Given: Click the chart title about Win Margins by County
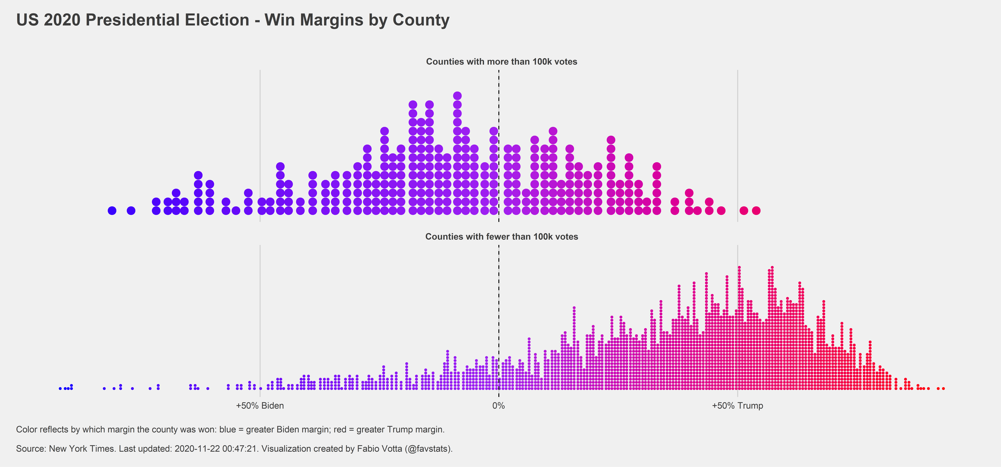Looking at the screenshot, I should click(x=232, y=20).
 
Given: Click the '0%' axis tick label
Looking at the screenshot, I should click(x=499, y=406).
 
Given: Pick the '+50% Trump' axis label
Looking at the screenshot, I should click(x=737, y=406).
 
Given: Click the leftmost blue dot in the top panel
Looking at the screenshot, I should click(x=112, y=211).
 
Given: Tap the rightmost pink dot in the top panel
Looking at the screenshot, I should click(x=756, y=211).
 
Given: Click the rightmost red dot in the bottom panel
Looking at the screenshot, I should click(x=943, y=388).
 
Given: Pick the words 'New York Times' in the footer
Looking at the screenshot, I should click(x=82, y=449).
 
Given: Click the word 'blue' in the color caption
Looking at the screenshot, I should click(x=227, y=429).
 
